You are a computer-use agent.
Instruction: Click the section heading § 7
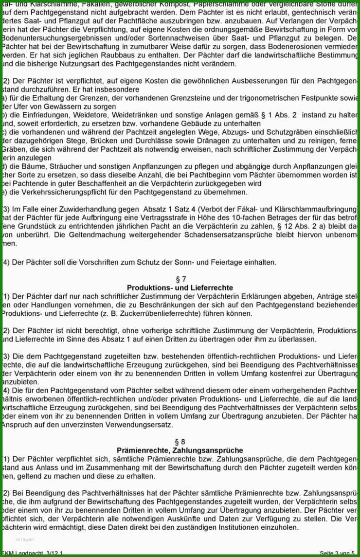pyautogui.click(x=180, y=279)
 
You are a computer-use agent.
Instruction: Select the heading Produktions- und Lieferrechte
pyautogui.click(x=180, y=287)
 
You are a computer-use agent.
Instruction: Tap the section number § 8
pyautogui.click(x=180, y=442)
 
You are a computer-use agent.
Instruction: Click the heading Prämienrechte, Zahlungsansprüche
pyautogui.click(x=180, y=450)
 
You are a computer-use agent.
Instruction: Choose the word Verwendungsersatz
pyautogui.click(x=139, y=425)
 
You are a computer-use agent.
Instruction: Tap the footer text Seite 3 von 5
pyautogui.click(x=337, y=553)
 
